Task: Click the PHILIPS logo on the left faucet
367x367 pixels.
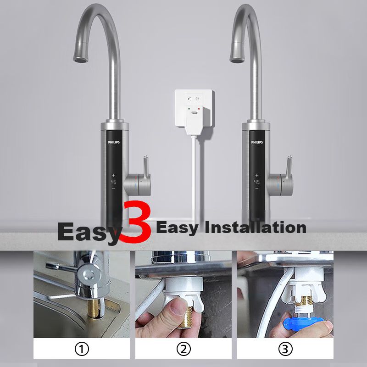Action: click(114, 142)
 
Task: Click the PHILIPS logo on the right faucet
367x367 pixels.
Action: click(257, 142)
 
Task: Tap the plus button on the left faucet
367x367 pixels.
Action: click(113, 175)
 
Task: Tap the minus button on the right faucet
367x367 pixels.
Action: click(257, 188)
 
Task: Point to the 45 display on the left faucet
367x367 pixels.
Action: click(113, 182)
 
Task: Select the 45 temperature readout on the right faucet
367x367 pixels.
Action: click(257, 182)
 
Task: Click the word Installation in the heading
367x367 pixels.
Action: click(256, 228)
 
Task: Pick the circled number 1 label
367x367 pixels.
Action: click(82, 350)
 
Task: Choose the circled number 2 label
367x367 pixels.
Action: click(183, 350)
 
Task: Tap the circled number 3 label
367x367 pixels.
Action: click(285, 350)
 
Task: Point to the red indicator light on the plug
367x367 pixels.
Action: click(199, 109)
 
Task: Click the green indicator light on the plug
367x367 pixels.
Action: click(189, 109)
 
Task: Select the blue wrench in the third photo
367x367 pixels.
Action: click(304, 323)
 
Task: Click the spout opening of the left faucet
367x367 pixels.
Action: click(81, 61)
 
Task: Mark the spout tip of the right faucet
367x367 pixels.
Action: click(237, 61)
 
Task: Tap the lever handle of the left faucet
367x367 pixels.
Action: click(145, 167)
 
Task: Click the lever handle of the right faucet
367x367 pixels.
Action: click(289, 167)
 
